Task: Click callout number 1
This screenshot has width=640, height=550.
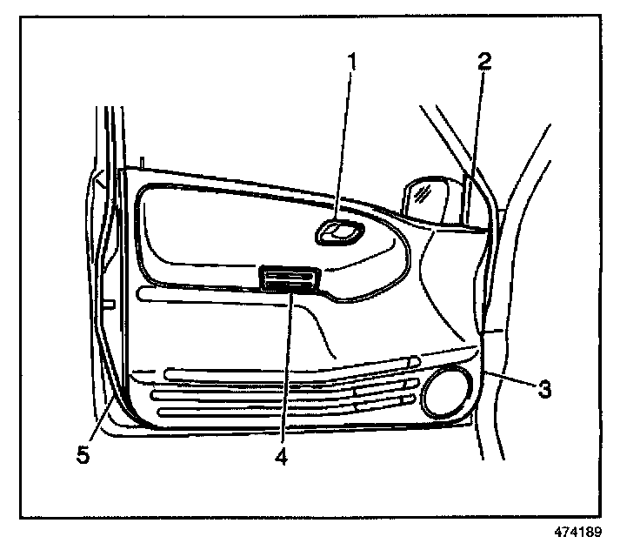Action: click(x=352, y=63)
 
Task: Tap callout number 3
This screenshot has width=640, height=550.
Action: click(x=543, y=389)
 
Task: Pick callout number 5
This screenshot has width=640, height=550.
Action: click(x=83, y=453)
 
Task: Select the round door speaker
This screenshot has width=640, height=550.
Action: click(x=446, y=393)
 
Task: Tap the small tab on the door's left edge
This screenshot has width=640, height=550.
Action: click(x=109, y=304)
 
